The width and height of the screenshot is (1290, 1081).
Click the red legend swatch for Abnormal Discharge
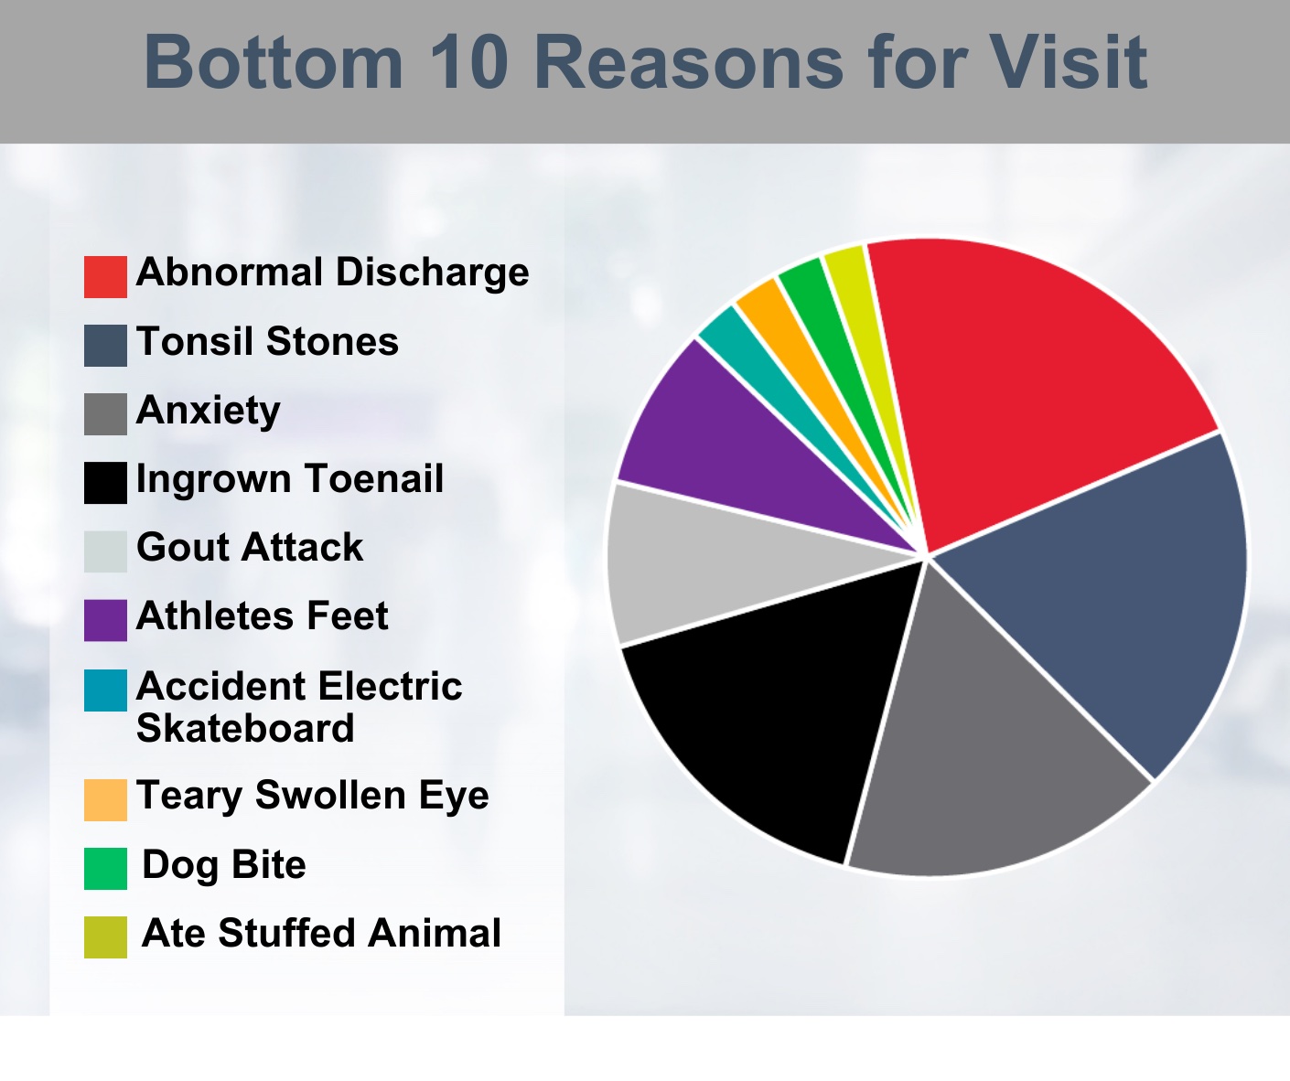105,277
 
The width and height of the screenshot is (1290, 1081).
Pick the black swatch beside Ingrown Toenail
105,483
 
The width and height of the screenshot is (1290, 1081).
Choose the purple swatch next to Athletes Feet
105,620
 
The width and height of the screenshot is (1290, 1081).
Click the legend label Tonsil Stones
267,341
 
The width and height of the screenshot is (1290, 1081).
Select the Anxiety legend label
209,412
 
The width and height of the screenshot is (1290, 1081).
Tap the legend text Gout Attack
250,547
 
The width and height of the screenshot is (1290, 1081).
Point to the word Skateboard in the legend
245,728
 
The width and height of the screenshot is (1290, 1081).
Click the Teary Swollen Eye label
313,796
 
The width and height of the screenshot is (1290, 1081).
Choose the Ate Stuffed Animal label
321,933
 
